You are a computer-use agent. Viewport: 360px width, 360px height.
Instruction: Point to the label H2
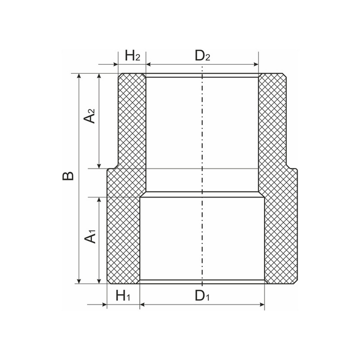tap(132, 56)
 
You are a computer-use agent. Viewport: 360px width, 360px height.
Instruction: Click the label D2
tap(202, 56)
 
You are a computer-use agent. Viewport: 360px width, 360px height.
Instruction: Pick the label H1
tap(123, 296)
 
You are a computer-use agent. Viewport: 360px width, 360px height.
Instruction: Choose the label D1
tap(202, 296)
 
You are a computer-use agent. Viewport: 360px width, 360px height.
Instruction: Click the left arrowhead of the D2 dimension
tap(148, 65)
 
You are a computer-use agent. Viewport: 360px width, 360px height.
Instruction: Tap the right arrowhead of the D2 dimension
tap(256, 65)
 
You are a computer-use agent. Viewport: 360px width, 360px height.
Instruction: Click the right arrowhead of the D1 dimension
tap(262, 305)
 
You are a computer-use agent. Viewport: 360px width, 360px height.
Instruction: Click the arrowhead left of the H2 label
tap(116, 65)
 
